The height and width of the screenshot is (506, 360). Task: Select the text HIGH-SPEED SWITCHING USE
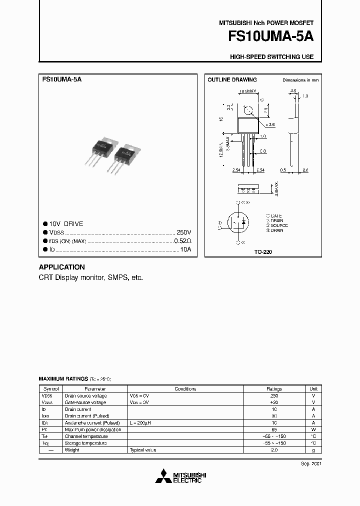(271, 57)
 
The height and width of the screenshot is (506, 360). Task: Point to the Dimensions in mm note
(300, 80)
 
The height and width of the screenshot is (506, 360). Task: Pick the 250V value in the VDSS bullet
(183, 232)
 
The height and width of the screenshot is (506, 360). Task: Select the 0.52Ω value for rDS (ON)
(182, 240)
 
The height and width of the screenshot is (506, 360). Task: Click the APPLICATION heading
(61, 267)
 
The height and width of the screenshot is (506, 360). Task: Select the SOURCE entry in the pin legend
(279, 225)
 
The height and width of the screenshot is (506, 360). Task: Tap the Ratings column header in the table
(274, 388)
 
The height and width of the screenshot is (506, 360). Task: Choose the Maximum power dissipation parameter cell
(93, 429)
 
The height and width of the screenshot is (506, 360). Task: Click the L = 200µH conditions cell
(141, 422)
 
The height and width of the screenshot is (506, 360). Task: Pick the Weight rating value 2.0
(274, 450)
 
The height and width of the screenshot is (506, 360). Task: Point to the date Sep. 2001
(311, 464)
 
